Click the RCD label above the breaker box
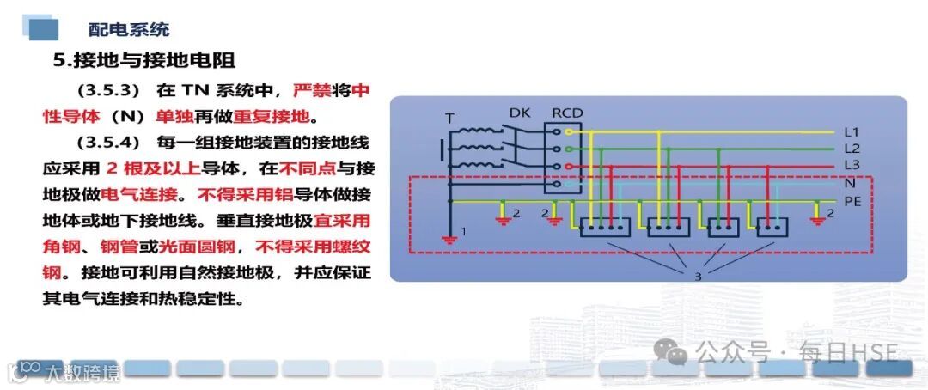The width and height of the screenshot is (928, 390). pyautogui.click(x=567, y=113)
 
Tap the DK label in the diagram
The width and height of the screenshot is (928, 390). pyautogui.click(x=520, y=113)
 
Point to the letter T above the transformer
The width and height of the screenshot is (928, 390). pyautogui.click(x=449, y=118)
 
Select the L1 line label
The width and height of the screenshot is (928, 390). pyautogui.click(x=851, y=132)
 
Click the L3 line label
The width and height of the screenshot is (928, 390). pyautogui.click(x=851, y=165)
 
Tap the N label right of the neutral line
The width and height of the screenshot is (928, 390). pyautogui.click(x=849, y=182)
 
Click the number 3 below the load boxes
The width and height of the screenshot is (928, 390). pyautogui.click(x=697, y=276)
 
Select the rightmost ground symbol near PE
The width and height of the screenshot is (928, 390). pyautogui.click(x=817, y=219)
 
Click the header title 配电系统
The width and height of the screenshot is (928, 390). pyautogui.click(x=129, y=29)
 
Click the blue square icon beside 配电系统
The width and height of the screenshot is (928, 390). pyautogui.click(x=43, y=30)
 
